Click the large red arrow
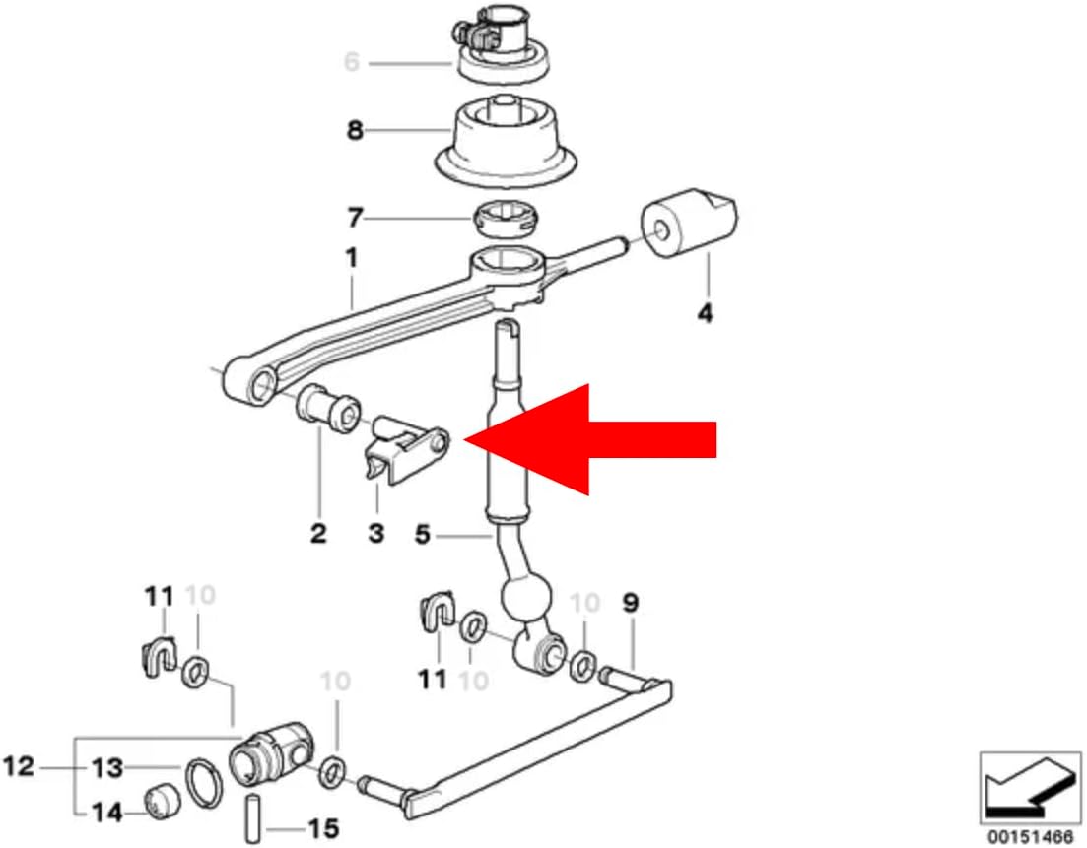(x=589, y=440)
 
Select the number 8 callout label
(x=355, y=130)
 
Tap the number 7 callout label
(x=355, y=218)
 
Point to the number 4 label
(x=705, y=314)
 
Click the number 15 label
(x=323, y=828)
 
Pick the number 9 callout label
(x=630, y=603)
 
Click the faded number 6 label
(x=352, y=62)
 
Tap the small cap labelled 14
(x=164, y=801)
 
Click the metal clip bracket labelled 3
(x=406, y=449)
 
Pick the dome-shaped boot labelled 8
(x=506, y=142)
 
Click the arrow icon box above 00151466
(x=1030, y=789)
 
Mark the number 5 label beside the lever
(x=422, y=534)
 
